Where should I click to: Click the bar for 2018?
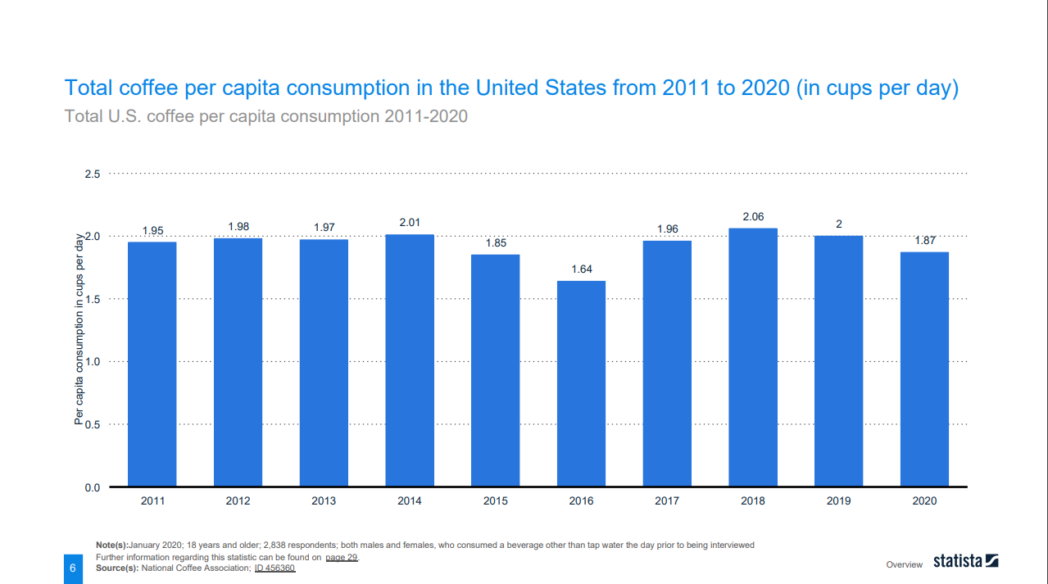(753, 357)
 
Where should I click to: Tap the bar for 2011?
(152, 364)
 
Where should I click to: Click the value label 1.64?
(581, 269)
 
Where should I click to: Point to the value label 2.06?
(753, 216)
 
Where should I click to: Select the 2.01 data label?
(410, 223)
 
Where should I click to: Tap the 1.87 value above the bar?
(925, 241)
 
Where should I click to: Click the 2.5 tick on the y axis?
(92, 174)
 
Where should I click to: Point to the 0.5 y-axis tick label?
(92, 424)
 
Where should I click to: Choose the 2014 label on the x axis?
(410, 501)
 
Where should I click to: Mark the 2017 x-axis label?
(667, 501)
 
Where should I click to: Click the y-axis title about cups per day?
(79, 330)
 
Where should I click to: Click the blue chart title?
(511, 88)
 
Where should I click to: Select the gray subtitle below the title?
(266, 116)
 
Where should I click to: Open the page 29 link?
(341, 558)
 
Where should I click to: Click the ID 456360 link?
(274, 568)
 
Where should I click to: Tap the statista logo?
(965, 562)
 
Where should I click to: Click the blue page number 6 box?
(73, 568)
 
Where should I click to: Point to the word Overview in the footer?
(904, 564)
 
